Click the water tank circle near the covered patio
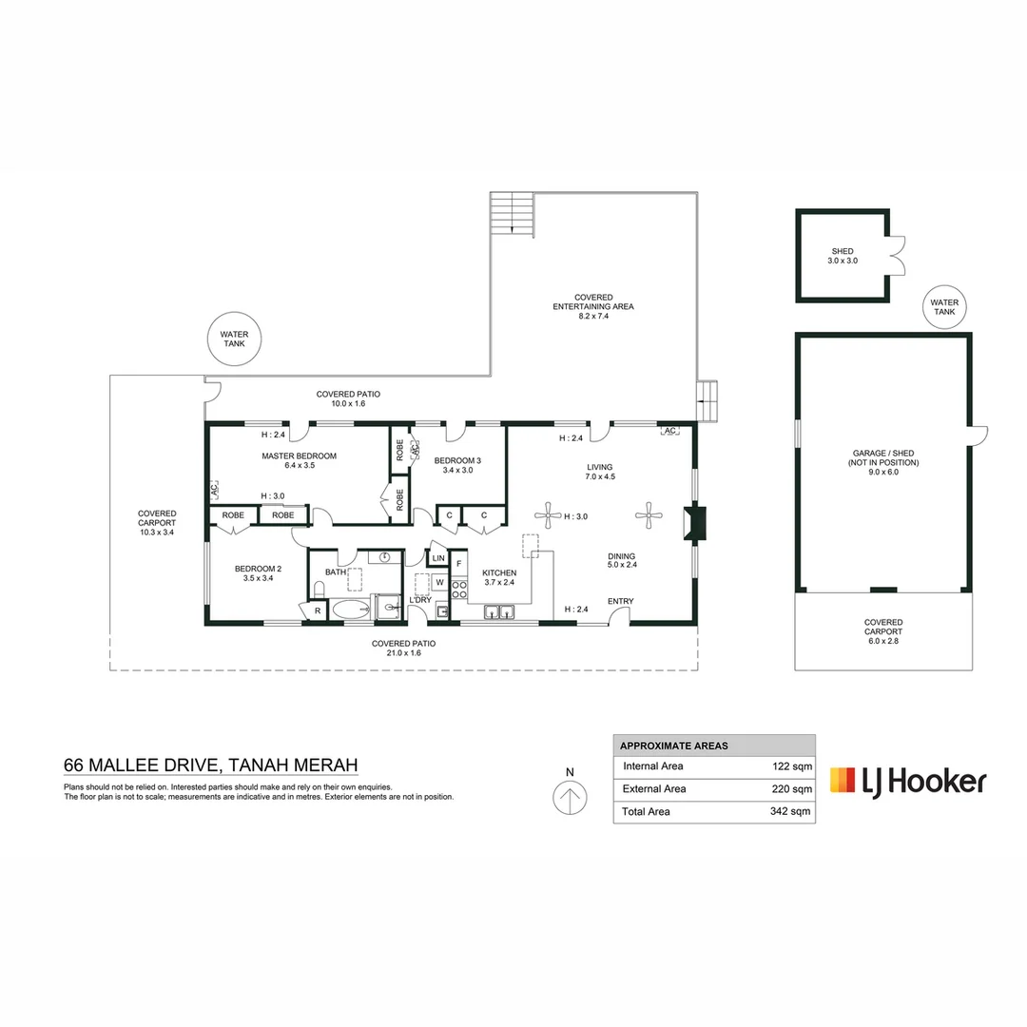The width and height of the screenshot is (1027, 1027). pyautogui.click(x=234, y=339)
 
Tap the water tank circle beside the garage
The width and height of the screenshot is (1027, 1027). pyautogui.click(x=944, y=306)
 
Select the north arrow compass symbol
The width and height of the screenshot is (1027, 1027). pyautogui.click(x=570, y=798)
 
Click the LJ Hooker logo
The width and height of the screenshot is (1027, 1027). pyautogui.click(x=908, y=781)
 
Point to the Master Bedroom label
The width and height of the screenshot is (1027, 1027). pyautogui.click(x=299, y=461)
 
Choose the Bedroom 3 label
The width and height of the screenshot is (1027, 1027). pyautogui.click(x=457, y=465)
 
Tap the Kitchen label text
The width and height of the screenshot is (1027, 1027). pyautogui.click(x=499, y=577)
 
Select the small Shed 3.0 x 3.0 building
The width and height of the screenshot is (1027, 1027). pyautogui.click(x=843, y=256)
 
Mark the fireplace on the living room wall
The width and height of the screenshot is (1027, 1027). pyautogui.click(x=694, y=523)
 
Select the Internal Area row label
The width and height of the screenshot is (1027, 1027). pyautogui.click(x=652, y=765)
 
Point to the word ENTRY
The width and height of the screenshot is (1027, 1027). pyautogui.click(x=620, y=601)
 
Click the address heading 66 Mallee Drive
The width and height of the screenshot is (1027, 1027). pyautogui.click(x=210, y=765)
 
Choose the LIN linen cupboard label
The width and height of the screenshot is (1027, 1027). pyautogui.click(x=437, y=558)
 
